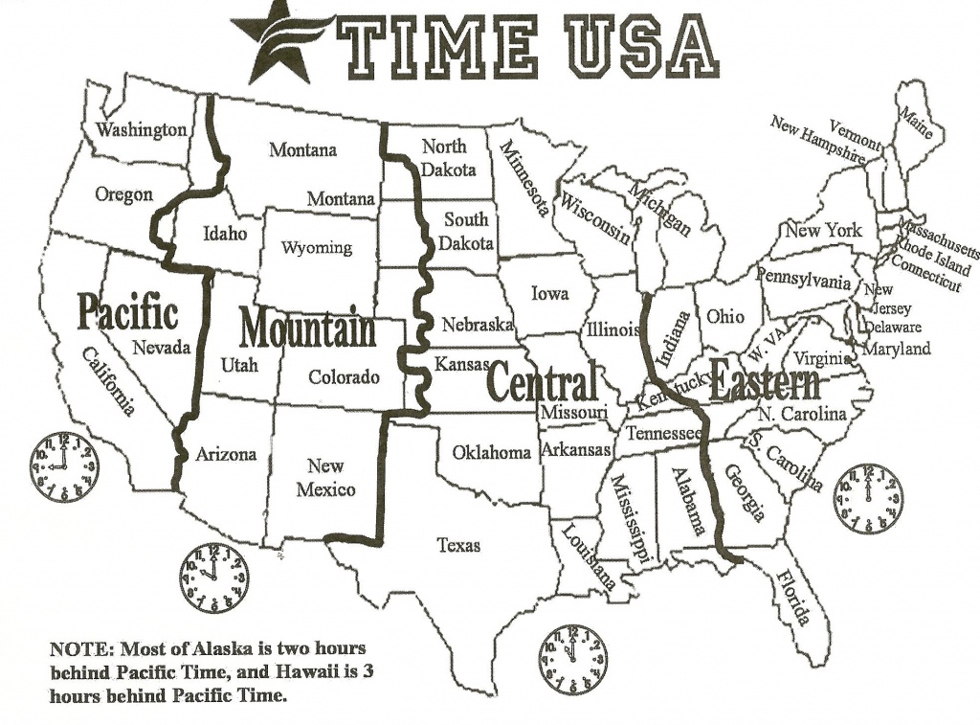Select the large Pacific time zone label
coord(127,312)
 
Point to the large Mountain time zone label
coord(307,329)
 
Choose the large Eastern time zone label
coord(765,384)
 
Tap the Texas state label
coord(458,545)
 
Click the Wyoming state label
coord(316,248)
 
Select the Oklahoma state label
coord(491,452)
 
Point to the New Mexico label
coord(325,478)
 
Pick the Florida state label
coord(793,597)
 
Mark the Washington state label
coord(142,129)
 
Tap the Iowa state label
coord(549,293)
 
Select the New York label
coord(823,231)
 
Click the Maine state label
coord(915,124)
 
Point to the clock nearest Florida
coord(867,499)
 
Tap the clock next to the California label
coord(63,466)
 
